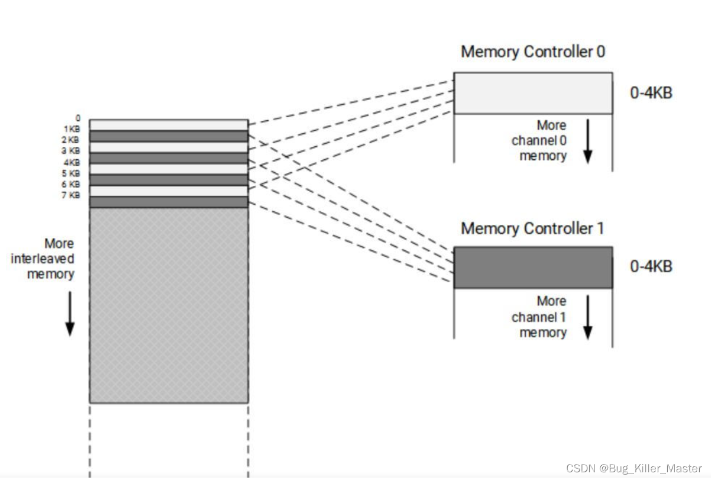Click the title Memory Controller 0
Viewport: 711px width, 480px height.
pos(533,52)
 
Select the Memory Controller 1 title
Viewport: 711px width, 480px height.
pos(532,228)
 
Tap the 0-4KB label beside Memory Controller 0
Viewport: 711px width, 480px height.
pos(651,93)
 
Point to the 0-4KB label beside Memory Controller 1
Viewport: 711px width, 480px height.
pos(651,266)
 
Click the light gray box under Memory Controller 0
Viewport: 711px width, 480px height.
pos(532,93)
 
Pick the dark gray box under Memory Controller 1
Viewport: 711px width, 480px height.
pos(532,268)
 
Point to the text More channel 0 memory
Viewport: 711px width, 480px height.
pos(539,141)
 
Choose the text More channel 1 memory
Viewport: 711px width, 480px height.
pos(539,317)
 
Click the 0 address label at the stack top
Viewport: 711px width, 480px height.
pos(78,118)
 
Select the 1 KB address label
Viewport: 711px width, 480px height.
pos(72,128)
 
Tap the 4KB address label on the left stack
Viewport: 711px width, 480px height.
pos(72,162)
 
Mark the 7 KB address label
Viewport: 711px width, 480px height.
pos(72,195)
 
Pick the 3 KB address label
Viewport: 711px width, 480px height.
pos(72,151)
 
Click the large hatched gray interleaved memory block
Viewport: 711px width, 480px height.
pos(169,305)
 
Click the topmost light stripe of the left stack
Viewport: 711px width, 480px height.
pos(169,125)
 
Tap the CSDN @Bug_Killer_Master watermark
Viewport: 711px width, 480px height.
pos(634,468)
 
